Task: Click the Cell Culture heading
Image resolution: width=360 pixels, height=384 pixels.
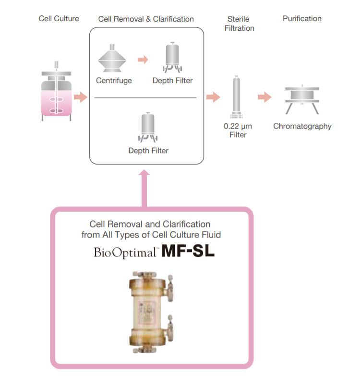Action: pos(59,19)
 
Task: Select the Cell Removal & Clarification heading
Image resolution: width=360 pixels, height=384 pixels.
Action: pos(146,19)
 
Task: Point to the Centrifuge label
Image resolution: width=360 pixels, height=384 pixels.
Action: pos(114,81)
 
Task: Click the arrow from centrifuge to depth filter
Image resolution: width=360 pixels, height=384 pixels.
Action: pos(143,60)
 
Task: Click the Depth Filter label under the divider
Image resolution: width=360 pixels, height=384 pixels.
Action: pos(148,151)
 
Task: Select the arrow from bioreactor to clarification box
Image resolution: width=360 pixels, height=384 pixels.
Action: pos(81,97)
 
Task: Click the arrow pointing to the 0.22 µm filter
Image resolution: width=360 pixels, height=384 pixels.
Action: pos(213,97)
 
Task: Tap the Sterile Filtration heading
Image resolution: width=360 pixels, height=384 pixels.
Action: pos(239,24)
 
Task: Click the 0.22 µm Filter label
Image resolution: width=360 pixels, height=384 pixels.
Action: pos(238,131)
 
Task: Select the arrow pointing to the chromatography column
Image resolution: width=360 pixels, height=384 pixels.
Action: pos(264,97)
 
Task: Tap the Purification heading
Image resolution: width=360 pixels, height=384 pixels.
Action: pos(302,19)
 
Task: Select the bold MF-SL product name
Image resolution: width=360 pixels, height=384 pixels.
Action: pos(188,252)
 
